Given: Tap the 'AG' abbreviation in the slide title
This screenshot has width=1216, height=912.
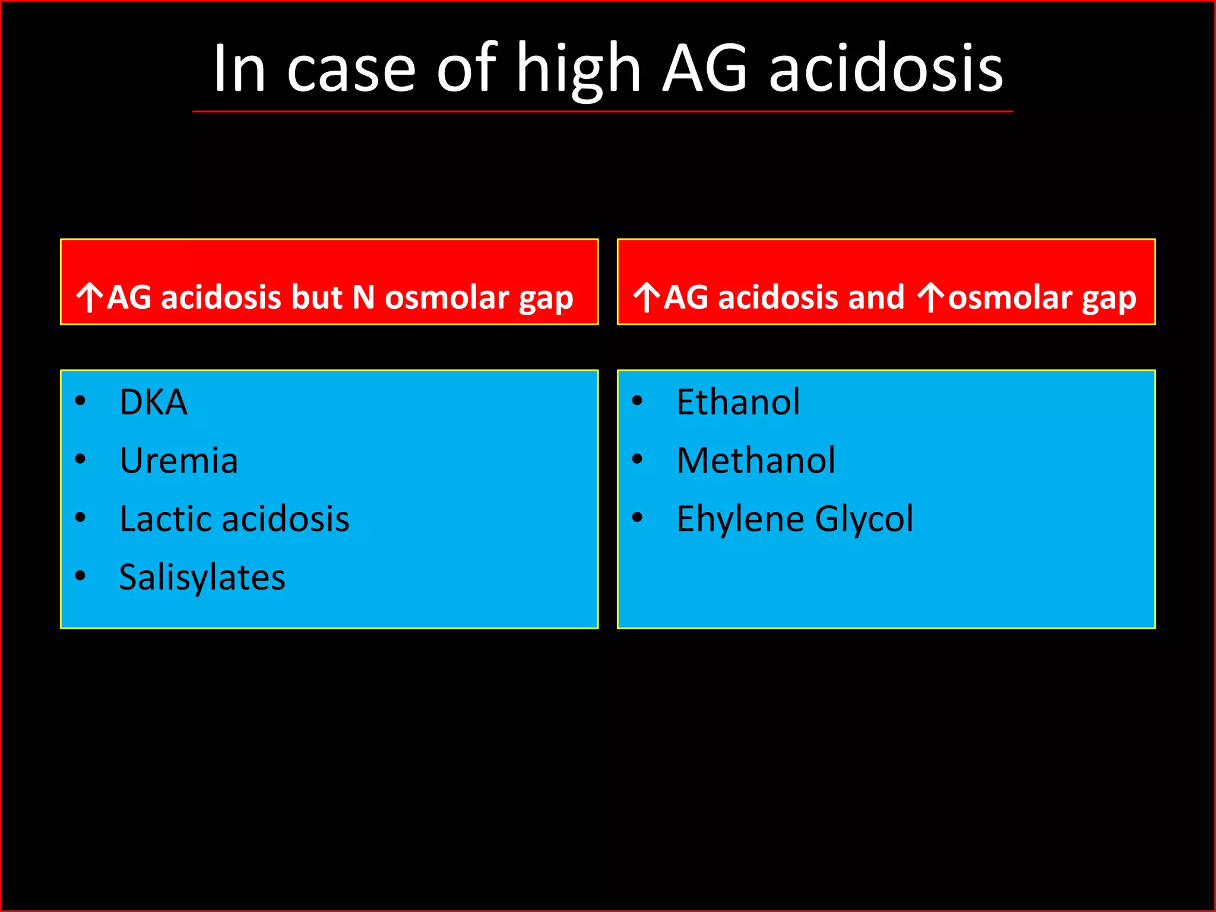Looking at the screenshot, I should pyautogui.click(x=704, y=69).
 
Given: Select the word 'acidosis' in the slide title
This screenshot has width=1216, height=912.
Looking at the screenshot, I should pyautogui.click(x=886, y=69).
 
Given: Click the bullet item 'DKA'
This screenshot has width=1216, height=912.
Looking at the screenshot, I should pyautogui.click(x=153, y=403).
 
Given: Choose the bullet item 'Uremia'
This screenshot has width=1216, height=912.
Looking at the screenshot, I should pyautogui.click(x=179, y=461).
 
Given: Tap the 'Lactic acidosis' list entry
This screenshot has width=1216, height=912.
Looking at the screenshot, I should pyautogui.click(x=235, y=519).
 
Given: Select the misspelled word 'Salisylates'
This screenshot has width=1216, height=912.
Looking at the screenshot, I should pyautogui.click(x=202, y=577).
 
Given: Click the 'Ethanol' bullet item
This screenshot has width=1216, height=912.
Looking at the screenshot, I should pyautogui.click(x=738, y=403).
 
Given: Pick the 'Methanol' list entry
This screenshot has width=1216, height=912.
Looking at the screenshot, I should pyautogui.click(x=756, y=461).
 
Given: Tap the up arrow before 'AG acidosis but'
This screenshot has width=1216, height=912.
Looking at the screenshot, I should pyautogui.click(x=90, y=297).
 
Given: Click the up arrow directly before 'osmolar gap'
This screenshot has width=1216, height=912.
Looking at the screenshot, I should pyautogui.click(x=930, y=297).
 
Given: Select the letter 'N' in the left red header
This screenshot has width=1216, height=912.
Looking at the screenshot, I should pyautogui.click(x=363, y=297).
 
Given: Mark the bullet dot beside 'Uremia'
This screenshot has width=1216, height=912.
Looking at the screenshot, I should pyautogui.click(x=81, y=459).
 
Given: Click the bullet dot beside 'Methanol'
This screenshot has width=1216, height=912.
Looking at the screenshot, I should pyautogui.click(x=638, y=459).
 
